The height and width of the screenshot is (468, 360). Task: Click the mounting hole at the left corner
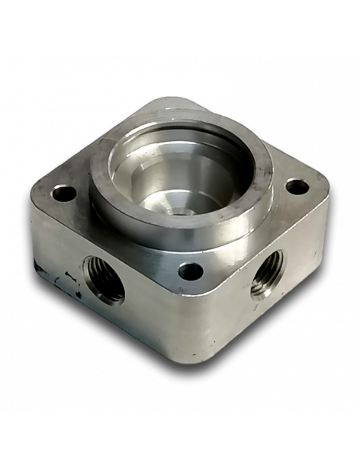click(64, 193)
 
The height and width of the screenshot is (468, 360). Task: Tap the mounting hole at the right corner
click(297, 186)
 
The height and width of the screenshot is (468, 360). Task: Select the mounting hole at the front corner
click(190, 271)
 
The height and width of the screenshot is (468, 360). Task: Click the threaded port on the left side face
click(104, 278)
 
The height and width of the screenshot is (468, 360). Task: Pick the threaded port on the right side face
click(268, 274)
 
